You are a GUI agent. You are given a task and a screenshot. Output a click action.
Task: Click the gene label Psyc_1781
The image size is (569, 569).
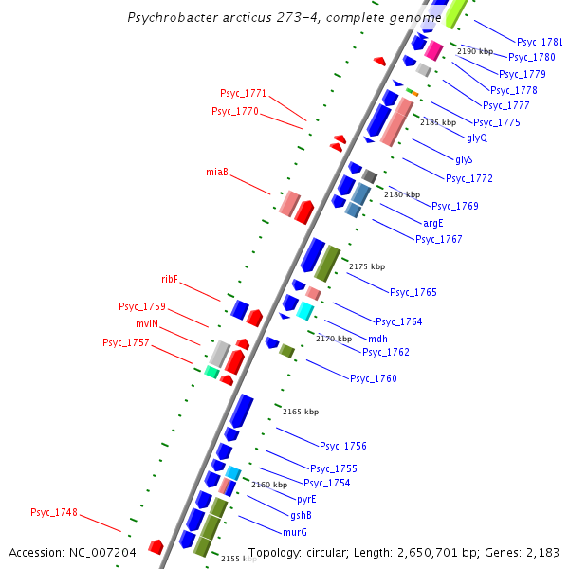540,42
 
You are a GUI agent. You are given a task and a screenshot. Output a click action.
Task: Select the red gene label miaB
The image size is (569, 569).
217,172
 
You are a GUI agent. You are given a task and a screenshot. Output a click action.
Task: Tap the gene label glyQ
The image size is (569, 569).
477,138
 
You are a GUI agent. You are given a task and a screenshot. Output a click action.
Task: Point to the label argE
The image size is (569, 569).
433,223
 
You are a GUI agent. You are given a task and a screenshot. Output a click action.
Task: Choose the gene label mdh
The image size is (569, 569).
377,338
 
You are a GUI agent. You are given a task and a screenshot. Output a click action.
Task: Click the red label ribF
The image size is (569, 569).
170,279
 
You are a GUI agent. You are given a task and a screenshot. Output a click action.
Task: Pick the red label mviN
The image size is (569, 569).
147,323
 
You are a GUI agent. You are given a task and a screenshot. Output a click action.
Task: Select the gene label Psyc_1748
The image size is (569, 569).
54,512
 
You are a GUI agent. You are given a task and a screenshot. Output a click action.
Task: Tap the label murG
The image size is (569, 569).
295,532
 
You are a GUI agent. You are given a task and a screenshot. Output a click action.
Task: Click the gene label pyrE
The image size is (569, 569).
306,499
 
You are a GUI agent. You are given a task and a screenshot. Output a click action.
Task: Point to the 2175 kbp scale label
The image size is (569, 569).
367,266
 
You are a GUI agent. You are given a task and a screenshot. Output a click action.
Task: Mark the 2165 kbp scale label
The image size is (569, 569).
301,412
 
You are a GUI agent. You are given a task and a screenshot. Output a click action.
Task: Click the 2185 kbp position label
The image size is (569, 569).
438,122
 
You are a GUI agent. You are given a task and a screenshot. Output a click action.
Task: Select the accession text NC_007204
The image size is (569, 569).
104,552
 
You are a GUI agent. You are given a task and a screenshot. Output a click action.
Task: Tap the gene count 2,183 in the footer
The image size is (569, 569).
542,552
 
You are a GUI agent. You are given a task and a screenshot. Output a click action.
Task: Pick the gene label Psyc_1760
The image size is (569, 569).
374,378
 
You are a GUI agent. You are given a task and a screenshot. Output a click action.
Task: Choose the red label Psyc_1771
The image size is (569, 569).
244,93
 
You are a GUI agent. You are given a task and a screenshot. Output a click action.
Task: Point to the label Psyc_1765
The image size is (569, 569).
413,292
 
